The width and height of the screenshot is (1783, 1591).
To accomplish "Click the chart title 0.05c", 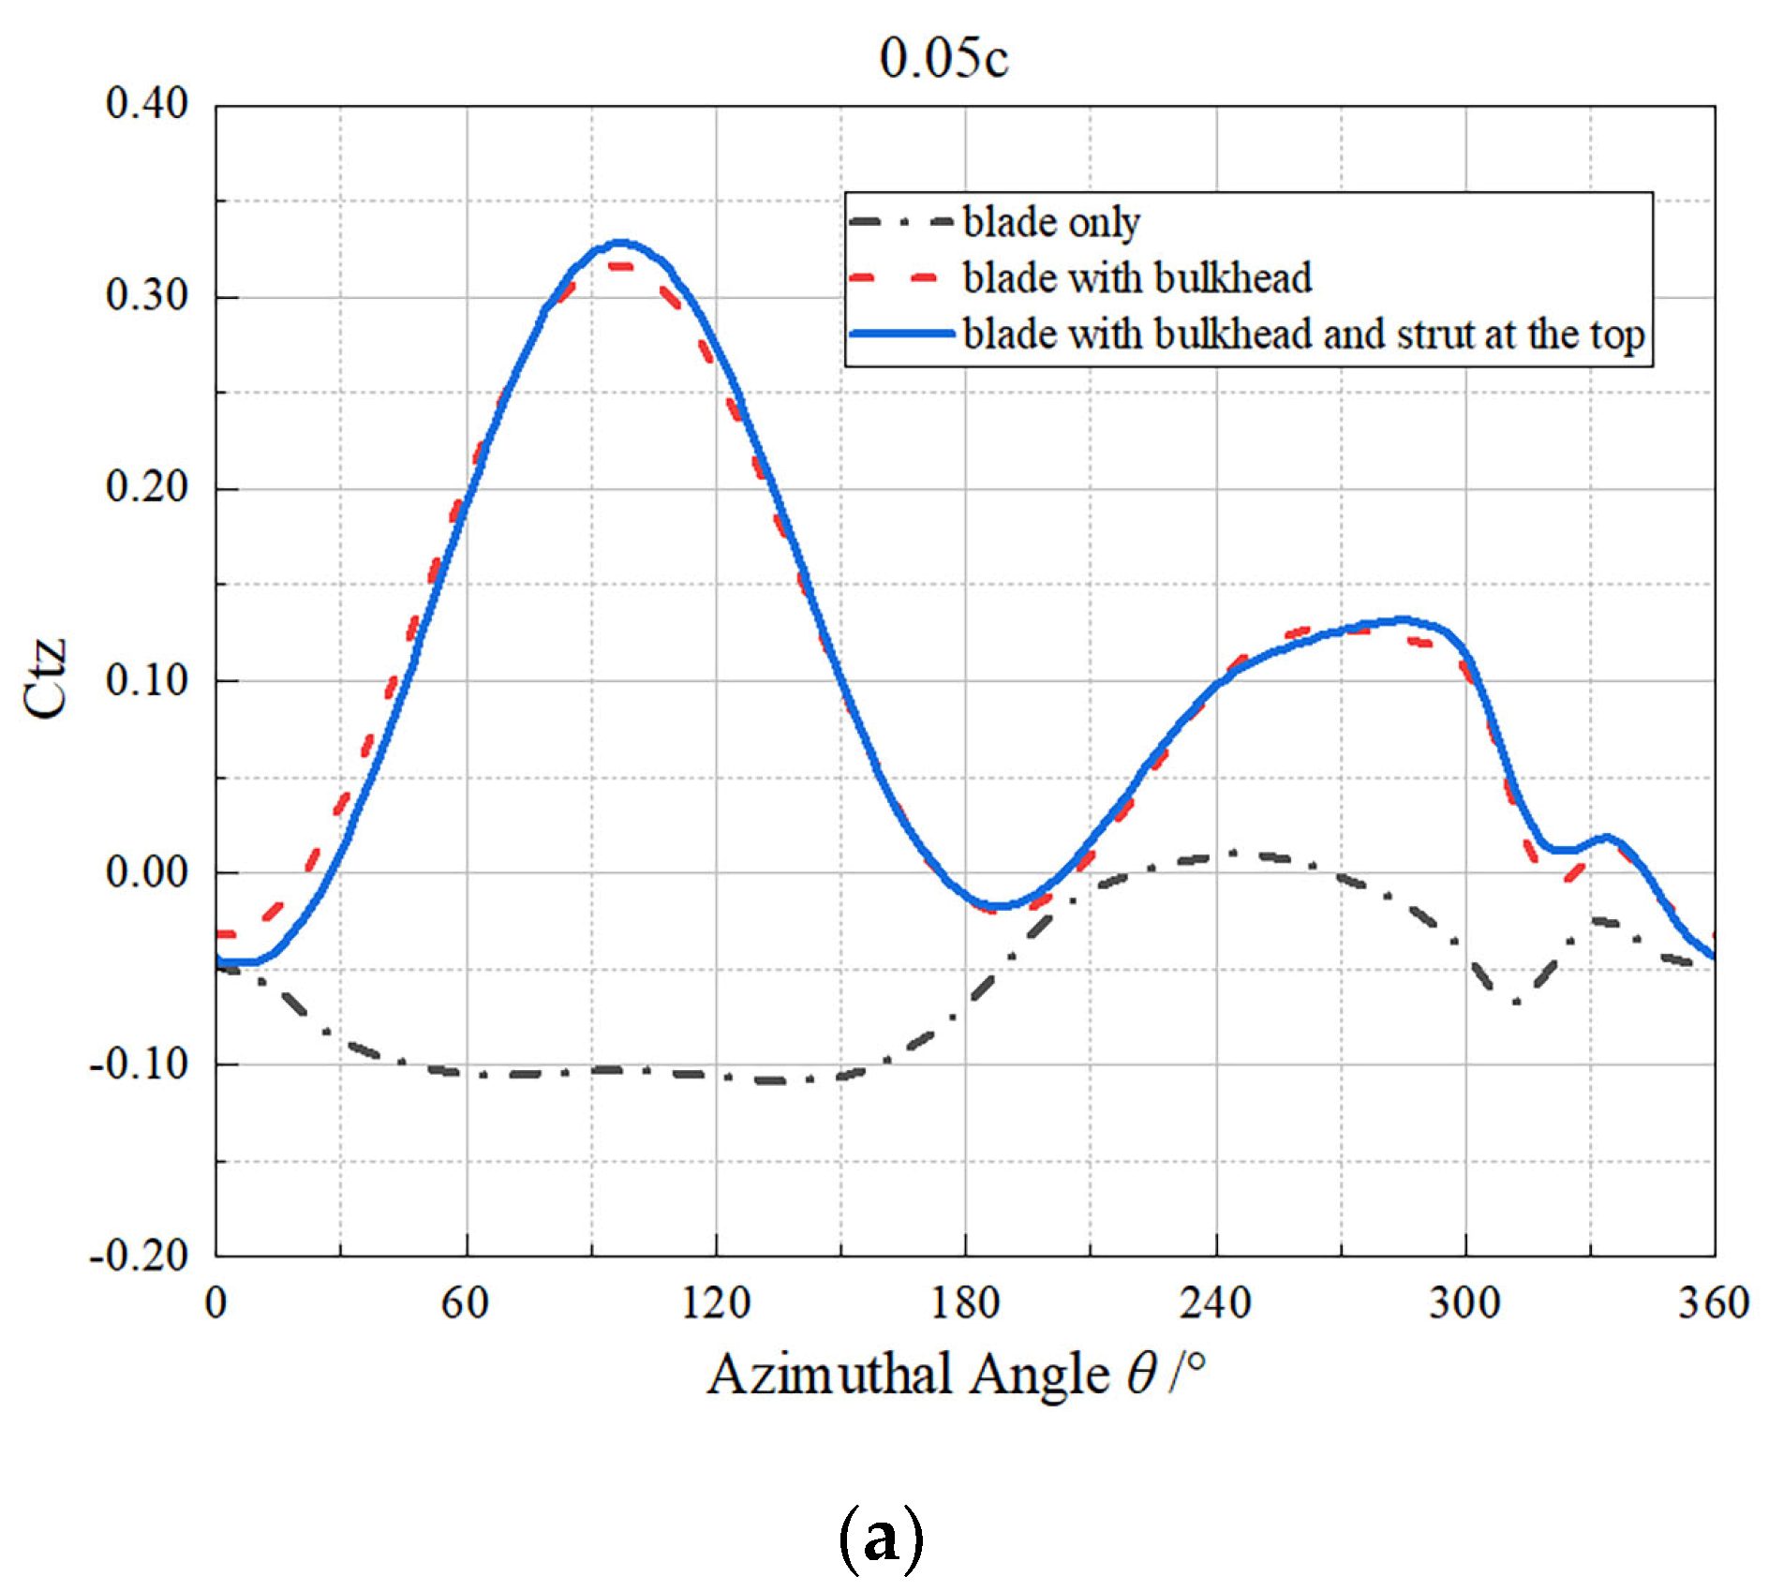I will point(944,57).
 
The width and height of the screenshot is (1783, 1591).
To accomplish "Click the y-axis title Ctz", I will point(46,678).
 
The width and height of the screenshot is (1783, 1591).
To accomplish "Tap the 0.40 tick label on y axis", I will point(147,103).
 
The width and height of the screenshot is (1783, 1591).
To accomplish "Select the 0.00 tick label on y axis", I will point(147,871).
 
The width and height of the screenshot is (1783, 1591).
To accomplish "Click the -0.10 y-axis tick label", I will point(139,1063).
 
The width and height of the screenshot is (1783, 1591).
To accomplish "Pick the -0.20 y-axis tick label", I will point(139,1255).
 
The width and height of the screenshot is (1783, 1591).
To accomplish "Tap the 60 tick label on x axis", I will point(466,1303).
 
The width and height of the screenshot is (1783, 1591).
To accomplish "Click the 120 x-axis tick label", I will point(716,1303).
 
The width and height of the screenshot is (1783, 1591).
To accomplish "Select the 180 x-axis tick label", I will point(965,1303).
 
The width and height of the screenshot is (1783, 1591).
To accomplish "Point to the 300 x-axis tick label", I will point(1464,1303).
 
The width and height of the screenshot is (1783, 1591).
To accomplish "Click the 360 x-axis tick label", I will point(1714,1303).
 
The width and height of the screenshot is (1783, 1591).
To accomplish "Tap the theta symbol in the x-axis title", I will point(1142,1375).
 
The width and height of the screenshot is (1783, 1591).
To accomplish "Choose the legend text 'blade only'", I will point(1051,222).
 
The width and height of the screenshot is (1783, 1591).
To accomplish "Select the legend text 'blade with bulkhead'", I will point(1137,278).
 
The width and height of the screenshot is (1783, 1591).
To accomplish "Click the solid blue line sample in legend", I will point(901,334).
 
